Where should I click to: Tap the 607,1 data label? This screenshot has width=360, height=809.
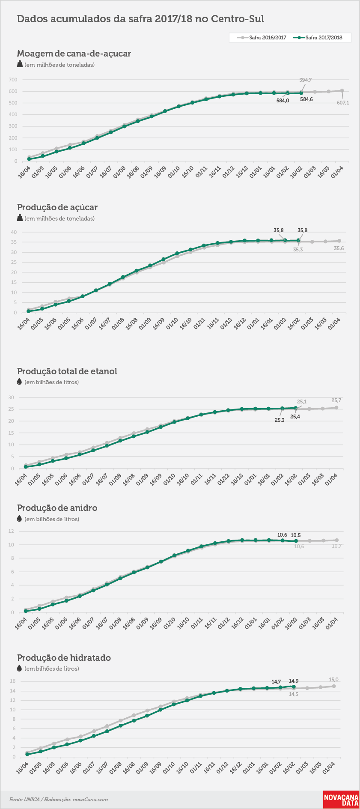point(343,103)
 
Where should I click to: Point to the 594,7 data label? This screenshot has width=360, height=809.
point(305,80)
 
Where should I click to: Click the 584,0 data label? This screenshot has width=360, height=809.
point(283,100)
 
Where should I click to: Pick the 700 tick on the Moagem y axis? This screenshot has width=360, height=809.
point(13,80)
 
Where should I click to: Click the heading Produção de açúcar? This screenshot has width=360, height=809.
point(57,207)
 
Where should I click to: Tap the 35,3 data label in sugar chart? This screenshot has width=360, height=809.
point(298,250)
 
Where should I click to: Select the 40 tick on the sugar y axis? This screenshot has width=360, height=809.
point(14,232)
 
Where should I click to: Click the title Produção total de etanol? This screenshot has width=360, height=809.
point(67,371)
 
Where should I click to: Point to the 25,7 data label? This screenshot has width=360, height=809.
point(336,400)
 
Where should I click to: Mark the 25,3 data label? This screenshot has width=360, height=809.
point(280,420)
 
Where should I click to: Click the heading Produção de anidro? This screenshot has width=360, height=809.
point(57,508)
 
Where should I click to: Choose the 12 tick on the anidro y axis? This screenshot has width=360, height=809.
point(12,531)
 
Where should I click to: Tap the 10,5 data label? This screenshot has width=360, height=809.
point(296,535)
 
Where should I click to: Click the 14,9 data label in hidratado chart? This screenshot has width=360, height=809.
point(294,681)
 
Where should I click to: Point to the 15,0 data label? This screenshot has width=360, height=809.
point(333,680)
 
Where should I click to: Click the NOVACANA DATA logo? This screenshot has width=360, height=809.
point(341,800)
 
